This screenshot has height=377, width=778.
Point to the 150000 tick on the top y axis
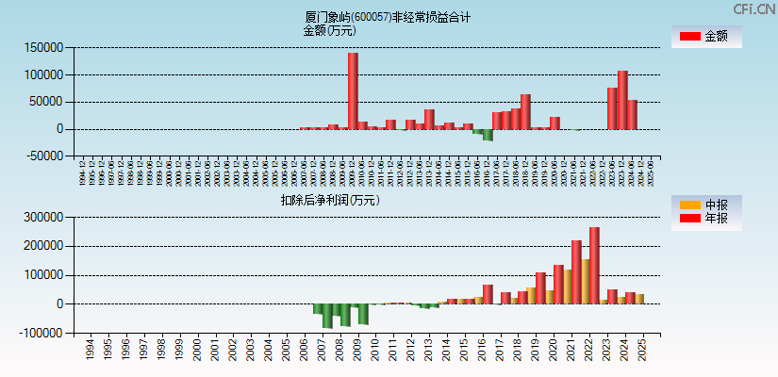pyautogui.click(x=43, y=47)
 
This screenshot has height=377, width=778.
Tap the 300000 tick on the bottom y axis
pyautogui.click(x=43, y=217)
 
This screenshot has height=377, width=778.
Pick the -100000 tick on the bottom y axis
pyautogui.click(x=41, y=333)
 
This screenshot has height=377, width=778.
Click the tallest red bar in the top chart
pyautogui.click(x=353, y=90)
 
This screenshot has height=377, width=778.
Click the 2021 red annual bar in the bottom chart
pyautogui.click(x=576, y=272)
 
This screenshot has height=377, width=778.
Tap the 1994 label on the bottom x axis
pyautogui.click(x=90, y=350)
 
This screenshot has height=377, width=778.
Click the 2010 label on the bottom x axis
pyautogui.click(x=375, y=350)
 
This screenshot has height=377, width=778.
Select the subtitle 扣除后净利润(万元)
pyautogui.click(x=329, y=200)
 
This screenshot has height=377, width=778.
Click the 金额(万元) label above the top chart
pyautogui.click(x=329, y=30)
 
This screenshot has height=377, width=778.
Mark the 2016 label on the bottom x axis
pyautogui.click(x=483, y=350)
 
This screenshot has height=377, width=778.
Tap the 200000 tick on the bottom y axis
pyautogui.click(x=43, y=246)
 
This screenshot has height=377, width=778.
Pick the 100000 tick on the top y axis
pyautogui.click(x=43, y=74)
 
